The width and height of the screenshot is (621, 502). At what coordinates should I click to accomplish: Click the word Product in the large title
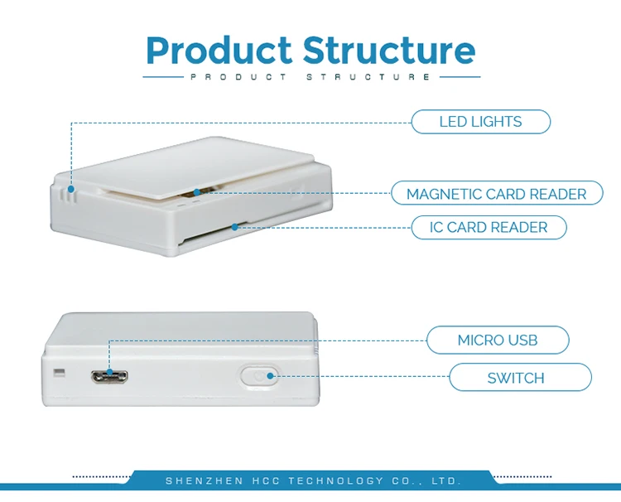click(x=219, y=51)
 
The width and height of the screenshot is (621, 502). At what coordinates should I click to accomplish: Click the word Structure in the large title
click(x=389, y=51)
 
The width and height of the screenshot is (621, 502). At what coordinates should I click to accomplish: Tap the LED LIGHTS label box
click(x=480, y=122)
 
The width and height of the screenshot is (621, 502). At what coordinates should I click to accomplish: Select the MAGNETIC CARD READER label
click(x=496, y=194)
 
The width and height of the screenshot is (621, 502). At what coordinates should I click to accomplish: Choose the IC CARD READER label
click(x=489, y=227)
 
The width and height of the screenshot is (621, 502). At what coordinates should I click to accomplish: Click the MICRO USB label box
click(x=497, y=340)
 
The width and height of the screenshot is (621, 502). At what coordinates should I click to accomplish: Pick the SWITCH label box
click(x=520, y=379)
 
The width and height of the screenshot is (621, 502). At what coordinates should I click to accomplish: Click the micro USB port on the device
click(x=109, y=376)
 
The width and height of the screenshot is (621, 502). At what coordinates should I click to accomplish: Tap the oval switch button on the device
click(x=258, y=377)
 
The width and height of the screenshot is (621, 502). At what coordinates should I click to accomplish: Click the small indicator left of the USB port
click(x=58, y=371)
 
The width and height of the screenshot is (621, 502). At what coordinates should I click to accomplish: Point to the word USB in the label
click(x=522, y=340)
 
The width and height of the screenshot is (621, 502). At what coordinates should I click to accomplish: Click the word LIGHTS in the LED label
click(x=497, y=122)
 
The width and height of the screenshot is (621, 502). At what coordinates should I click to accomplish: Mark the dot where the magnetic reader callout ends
click(x=196, y=192)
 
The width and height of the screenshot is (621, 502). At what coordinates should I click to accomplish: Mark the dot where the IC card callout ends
click(x=237, y=225)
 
